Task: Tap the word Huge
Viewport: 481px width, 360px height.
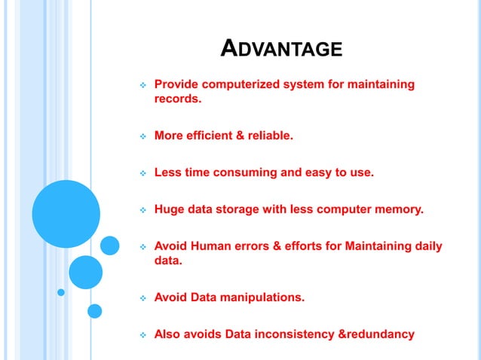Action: pyautogui.click(x=169, y=209)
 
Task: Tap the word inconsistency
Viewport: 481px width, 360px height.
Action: pyautogui.click(x=291, y=334)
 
